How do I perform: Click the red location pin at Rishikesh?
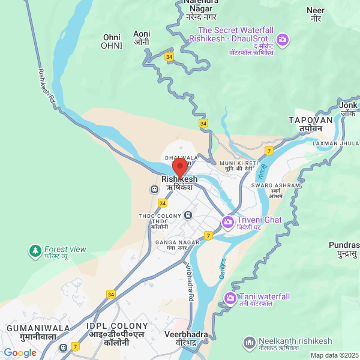coord(179,167)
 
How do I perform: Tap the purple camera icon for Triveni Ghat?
coord(227,222)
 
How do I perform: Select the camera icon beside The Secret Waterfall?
coord(282,41)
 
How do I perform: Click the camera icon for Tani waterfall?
coord(230,298)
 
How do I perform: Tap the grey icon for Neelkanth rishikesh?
coord(249,343)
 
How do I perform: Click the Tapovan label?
coord(311,124)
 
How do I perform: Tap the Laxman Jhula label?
coord(334,143)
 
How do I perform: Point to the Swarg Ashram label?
coord(275,190)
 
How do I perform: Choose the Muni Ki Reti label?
coord(239,166)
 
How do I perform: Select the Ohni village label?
coord(112,41)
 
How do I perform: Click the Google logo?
coord(20,353)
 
